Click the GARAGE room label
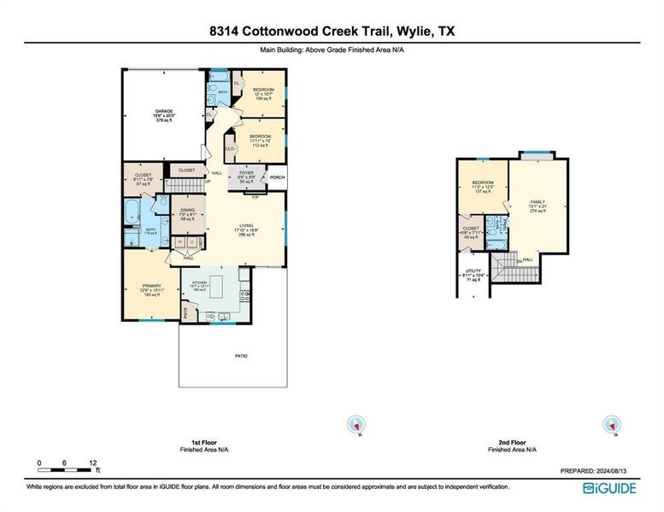coord(163,111)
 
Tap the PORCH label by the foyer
coord(277,178)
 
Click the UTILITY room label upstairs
coord(470,272)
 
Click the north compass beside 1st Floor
coord(356,424)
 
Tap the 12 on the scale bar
coord(92,462)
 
